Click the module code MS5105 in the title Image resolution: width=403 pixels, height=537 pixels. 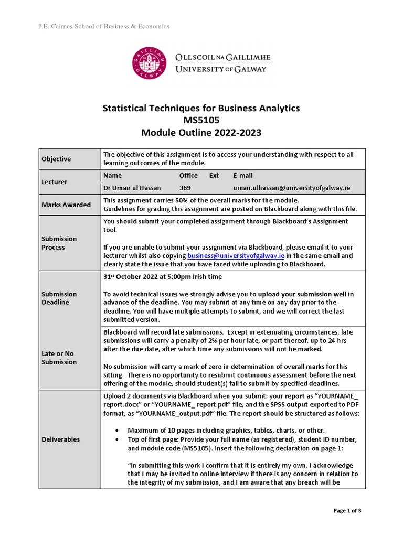pos(201,121)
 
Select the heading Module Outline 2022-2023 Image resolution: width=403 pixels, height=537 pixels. pos(201,133)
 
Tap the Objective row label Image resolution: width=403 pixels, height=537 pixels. pos(56,159)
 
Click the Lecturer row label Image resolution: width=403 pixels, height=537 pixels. pos(55,182)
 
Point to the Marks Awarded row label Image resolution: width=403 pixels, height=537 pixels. pos(66,205)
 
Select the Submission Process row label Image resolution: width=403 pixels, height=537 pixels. pos(59,243)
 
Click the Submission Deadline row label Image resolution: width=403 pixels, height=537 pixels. pos(59,298)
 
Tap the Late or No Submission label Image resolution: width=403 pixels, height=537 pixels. pos(59,358)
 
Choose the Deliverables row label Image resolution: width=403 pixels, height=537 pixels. pos(61,439)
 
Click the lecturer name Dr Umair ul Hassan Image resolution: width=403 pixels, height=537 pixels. pos(132,188)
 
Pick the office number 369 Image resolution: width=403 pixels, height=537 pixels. pos(185,188)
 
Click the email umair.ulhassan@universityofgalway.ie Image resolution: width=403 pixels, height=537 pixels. pos(291,188)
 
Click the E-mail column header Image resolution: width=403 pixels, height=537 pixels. pos(242,176)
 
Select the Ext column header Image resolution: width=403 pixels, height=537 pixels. pos(214,176)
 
